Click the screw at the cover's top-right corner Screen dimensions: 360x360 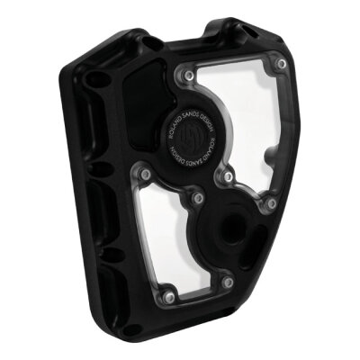pos(283,65)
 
